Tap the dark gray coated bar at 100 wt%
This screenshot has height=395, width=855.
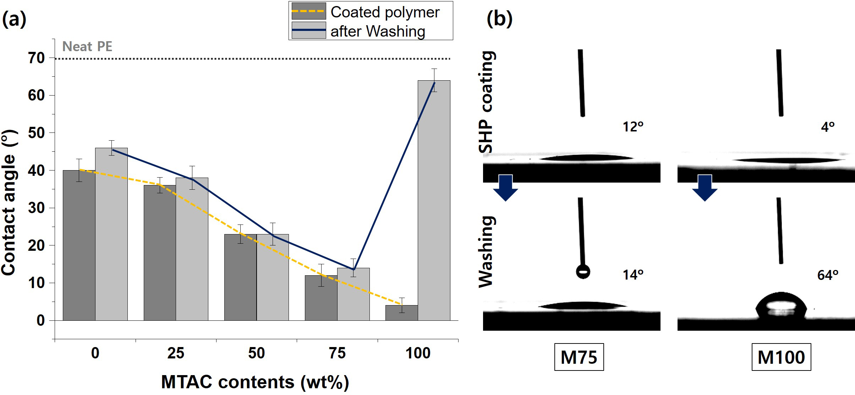(x=401, y=313)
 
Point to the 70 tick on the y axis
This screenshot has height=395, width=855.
(x=36, y=58)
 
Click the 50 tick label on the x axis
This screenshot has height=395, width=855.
(x=256, y=353)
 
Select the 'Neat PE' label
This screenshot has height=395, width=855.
(x=87, y=47)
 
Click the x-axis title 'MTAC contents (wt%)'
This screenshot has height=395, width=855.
(x=255, y=382)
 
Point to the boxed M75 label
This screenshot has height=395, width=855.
(x=579, y=357)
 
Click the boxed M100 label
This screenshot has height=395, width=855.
(x=781, y=357)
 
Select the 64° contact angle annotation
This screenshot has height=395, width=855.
(x=828, y=275)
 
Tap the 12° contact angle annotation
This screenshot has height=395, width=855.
(x=633, y=127)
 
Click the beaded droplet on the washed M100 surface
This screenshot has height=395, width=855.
(x=781, y=306)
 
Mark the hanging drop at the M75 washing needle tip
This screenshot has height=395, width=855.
(x=583, y=272)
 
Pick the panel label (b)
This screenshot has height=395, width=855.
(x=499, y=18)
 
